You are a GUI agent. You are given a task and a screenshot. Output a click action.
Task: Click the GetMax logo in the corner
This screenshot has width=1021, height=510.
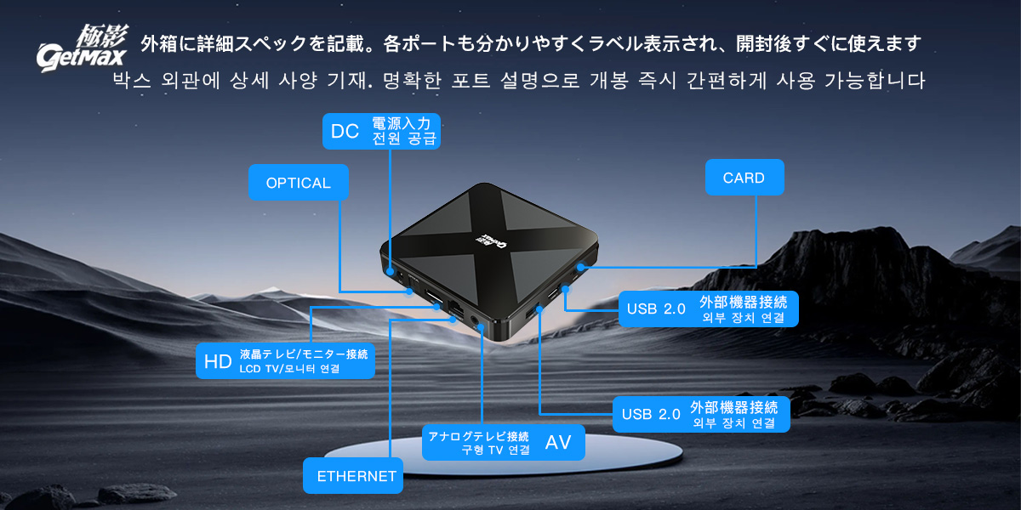coord(82,48)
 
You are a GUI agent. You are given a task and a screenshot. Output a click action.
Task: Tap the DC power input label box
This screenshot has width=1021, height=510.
coord(381,131)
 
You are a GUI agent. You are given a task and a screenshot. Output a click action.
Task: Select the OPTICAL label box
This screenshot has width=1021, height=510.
coord(299,182)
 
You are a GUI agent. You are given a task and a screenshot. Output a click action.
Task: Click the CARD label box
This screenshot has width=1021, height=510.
coord(744,177)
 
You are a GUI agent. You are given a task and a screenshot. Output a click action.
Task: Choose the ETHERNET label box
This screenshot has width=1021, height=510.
coord(353,475)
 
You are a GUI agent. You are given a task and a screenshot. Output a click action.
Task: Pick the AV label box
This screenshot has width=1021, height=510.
coord(504,442)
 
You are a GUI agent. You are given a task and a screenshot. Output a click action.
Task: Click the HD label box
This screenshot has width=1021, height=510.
coord(285,360)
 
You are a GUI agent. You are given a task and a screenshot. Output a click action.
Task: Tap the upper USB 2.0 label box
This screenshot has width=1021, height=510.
coord(708,309)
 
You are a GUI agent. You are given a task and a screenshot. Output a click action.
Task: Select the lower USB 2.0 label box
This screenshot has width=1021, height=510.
coord(701,414)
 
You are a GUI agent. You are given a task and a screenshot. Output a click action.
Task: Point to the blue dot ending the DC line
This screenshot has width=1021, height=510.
coord(390,271)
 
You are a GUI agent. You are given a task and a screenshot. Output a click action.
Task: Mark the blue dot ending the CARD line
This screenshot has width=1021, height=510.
coord(581,267)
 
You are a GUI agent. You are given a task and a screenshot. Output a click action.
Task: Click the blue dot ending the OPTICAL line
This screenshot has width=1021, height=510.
coord(409,292)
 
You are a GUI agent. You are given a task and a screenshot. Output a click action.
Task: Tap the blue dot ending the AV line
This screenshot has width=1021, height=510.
coord(482,326)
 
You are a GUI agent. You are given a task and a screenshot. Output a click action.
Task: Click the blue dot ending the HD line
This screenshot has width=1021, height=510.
coord(436,307)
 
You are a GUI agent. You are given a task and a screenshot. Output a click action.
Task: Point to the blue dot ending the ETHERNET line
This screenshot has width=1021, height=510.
coord(453,320)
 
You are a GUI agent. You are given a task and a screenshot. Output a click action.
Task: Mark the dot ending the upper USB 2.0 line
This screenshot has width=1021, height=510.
coord(565,289)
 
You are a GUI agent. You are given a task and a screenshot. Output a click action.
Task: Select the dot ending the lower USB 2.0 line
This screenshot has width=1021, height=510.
coord(539,309)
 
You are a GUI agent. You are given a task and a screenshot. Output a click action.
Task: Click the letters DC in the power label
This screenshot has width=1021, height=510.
coord(345,131)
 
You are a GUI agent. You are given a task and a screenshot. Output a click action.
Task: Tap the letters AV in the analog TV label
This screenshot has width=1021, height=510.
coord(558,442)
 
